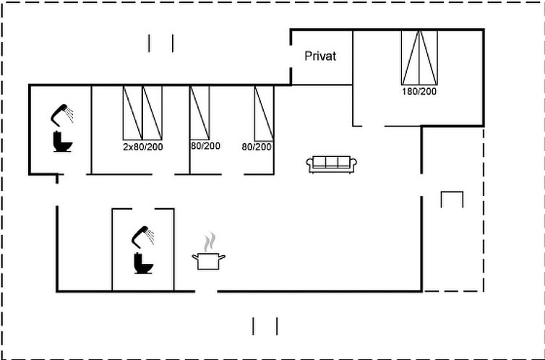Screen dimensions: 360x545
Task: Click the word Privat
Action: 319,56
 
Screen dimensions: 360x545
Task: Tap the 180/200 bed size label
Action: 419,92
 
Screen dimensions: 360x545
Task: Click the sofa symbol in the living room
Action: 329,164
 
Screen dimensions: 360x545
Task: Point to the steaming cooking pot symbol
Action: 208,260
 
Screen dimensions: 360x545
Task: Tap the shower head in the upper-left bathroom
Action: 63,114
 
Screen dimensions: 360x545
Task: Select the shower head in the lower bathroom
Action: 143,236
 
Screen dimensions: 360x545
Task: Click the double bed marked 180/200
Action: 419,58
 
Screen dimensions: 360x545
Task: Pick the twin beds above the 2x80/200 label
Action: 142,112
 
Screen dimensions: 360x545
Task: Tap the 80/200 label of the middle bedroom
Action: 205,147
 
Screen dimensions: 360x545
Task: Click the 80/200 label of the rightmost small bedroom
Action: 257,147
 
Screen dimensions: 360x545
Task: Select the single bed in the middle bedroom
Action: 199,112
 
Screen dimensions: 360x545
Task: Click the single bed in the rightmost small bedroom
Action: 263,112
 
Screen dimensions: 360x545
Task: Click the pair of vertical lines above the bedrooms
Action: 160,43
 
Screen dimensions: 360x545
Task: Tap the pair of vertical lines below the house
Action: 265,326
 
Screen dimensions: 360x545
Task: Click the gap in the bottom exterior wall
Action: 206,291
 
